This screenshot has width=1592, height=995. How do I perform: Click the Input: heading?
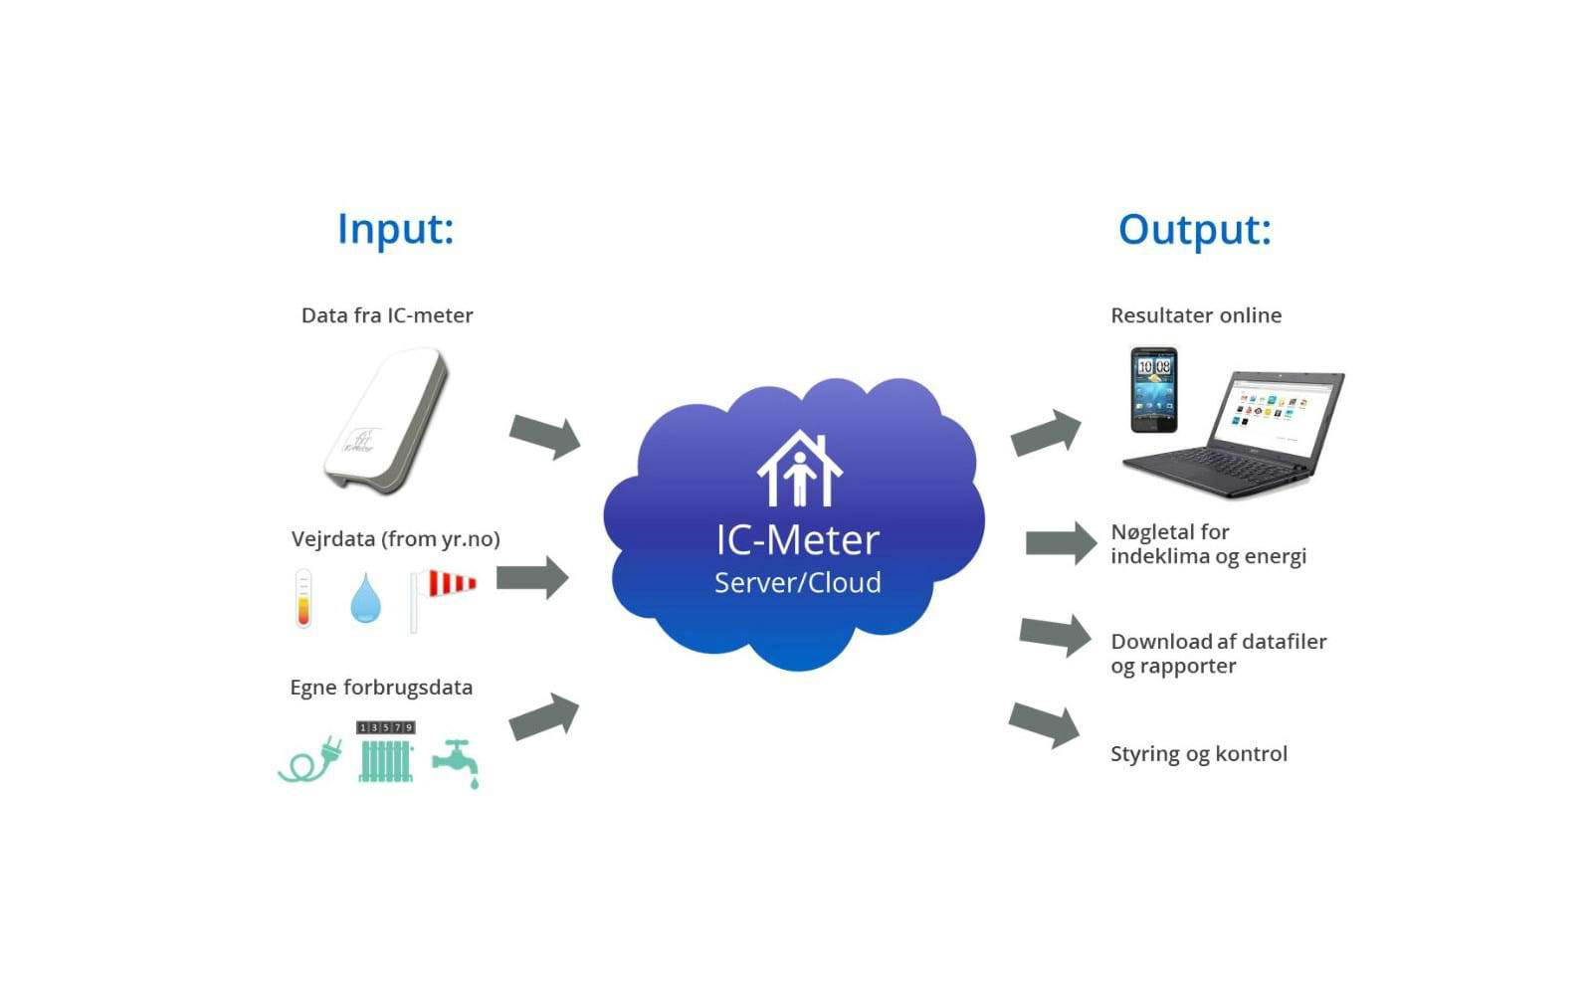click(395, 229)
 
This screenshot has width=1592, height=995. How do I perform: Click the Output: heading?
click(1194, 230)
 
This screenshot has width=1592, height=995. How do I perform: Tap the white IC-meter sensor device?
click(386, 419)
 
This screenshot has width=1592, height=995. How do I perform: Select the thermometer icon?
click(303, 598)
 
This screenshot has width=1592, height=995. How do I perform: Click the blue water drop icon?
click(365, 598)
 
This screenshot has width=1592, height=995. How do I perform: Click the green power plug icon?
click(310, 761)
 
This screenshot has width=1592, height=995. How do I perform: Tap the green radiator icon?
click(385, 761)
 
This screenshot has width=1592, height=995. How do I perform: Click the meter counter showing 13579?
click(385, 727)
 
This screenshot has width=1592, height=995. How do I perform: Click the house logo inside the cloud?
click(799, 469)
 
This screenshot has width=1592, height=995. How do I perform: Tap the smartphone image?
click(1154, 389)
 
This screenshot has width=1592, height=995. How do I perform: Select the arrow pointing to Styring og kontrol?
click(1044, 723)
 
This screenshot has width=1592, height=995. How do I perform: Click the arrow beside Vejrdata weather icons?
click(532, 577)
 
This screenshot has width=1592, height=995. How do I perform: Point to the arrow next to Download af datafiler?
click(1056, 635)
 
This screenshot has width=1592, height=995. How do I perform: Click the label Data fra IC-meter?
click(387, 315)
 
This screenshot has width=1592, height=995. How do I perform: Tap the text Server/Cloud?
click(798, 582)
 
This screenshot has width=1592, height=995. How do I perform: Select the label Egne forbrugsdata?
click(381, 688)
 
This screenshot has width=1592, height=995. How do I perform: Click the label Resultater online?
click(1196, 315)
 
